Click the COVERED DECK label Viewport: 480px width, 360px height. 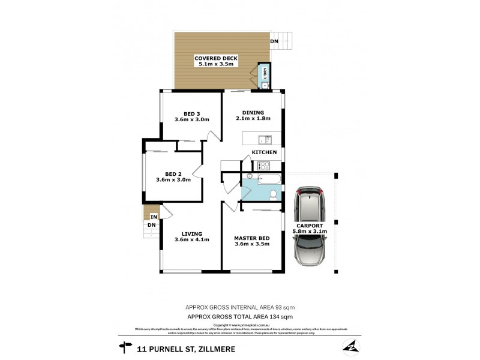[x=216, y=58]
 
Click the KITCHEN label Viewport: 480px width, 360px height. [x=264, y=152]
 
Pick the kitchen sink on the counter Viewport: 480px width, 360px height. [x=264, y=140]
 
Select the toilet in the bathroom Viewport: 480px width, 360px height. [x=273, y=193]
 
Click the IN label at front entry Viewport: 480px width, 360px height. [x=154, y=217]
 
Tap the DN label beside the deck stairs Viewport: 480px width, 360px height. [x=274, y=41]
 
